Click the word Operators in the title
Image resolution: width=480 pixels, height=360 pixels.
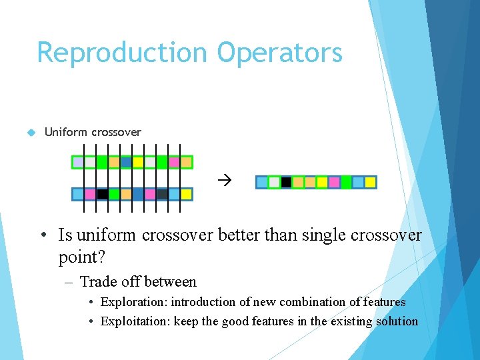(x=279, y=53)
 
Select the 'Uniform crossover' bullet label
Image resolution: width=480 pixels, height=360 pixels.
(x=93, y=132)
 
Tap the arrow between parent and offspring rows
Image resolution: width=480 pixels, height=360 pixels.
(x=224, y=180)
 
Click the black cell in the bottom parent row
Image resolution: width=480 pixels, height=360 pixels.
(x=102, y=195)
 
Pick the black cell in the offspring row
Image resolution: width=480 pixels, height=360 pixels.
(x=286, y=182)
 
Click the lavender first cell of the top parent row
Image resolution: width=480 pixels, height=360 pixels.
(x=79, y=162)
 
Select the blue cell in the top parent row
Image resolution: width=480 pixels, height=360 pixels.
(x=126, y=162)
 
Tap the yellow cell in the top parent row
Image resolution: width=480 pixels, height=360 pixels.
(x=138, y=162)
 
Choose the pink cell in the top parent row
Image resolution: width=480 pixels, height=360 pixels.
(x=174, y=162)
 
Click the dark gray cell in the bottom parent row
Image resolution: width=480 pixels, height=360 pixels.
(x=162, y=195)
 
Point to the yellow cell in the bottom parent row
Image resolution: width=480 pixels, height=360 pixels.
(x=186, y=195)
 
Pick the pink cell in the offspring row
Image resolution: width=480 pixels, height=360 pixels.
(x=334, y=182)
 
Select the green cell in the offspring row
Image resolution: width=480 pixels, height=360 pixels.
(x=346, y=182)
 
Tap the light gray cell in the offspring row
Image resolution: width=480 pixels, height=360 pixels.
(x=274, y=182)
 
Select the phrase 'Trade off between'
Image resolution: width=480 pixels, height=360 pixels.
(x=138, y=282)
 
